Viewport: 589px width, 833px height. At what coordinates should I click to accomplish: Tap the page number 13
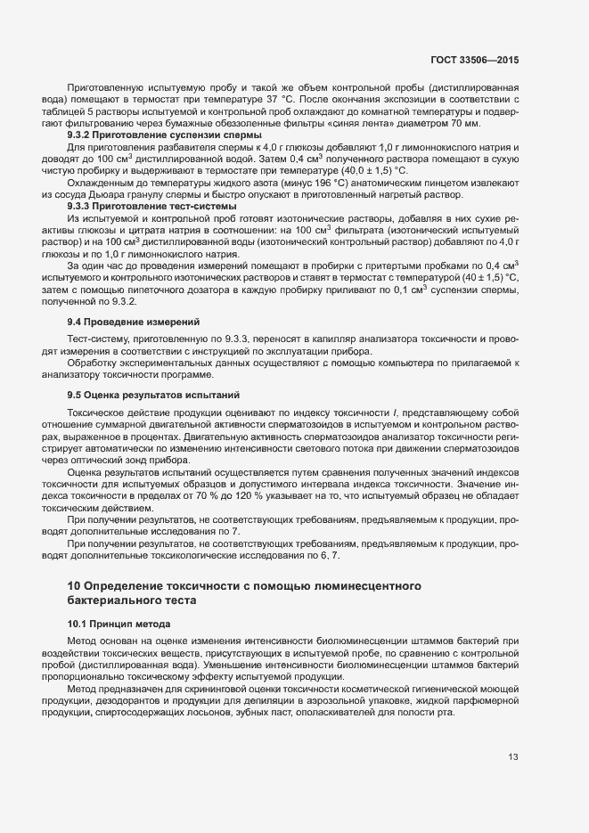point(513,757)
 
